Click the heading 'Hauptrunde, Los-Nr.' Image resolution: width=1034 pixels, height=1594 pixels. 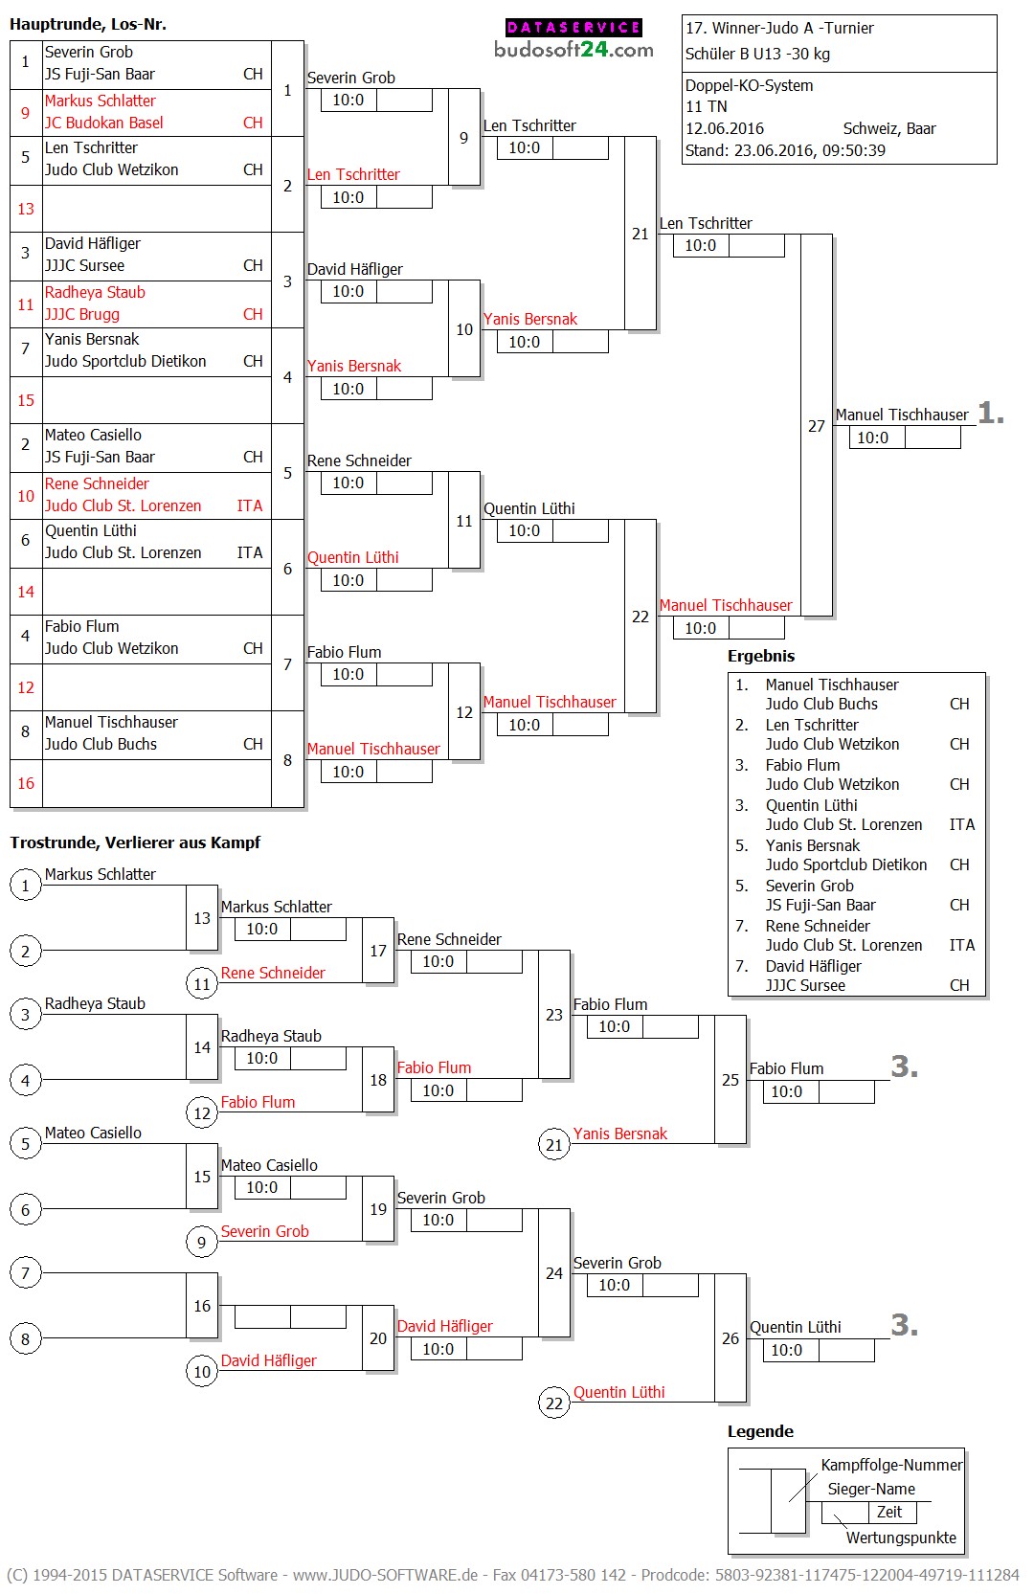click(x=88, y=24)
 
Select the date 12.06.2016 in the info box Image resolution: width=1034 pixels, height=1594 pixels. click(x=725, y=128)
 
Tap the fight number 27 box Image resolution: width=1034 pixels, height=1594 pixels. click(x=816, y=426)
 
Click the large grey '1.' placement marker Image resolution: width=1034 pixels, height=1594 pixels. click(x=991, y=414)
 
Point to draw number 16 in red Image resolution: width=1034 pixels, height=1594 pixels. click(x=26, y=783)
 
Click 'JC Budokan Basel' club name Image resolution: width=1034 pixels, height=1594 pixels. click(x=104, y=123)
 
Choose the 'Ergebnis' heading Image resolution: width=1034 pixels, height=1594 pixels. click(x=761, y=656)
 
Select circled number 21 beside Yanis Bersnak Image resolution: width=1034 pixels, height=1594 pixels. click(x=554, y=1144)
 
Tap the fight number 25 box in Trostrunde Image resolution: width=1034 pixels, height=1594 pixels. click(x=731, y=1080)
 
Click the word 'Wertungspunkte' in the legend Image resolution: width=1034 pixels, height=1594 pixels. click(x=901, y=1538)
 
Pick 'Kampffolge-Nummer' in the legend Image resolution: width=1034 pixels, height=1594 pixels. click(x=891, y=1465)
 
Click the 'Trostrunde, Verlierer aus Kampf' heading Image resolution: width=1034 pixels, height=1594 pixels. click(x=135, y=842)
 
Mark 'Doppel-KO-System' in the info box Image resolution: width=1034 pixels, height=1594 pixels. click(x=749, y=85)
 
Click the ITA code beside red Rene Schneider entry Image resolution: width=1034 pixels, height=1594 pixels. click(x=250, y=505)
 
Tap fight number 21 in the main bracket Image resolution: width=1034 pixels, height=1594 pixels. click(x=641, y=234)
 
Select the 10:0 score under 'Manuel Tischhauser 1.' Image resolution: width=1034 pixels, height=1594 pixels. click(x=872, y=438)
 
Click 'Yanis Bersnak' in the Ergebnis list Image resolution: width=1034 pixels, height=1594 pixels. click(x=813, y=845)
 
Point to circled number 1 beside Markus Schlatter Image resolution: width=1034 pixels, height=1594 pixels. click(x=26, y=886)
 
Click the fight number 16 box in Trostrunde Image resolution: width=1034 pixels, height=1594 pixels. click(x=202, y=1306)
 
